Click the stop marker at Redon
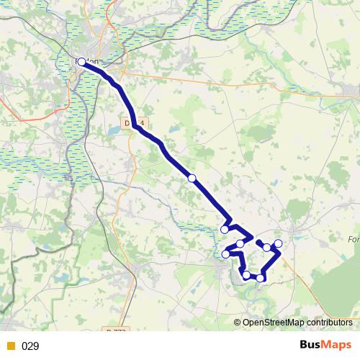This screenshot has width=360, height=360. tap(81, 62)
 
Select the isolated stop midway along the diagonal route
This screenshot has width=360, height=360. tap(192, 179)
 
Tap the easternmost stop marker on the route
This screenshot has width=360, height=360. tap(279, 243)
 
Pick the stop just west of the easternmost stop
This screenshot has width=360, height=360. tap(267, 248)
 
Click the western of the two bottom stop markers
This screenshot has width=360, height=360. tap(246, 275)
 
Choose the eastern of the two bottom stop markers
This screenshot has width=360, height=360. tap(260, 278)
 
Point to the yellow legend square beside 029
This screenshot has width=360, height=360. tap(10, 346)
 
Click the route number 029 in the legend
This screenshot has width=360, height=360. tap(30, 346)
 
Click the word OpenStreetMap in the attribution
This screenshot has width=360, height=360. tap(274, 323)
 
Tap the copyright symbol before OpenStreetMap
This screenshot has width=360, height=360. tap(238, 323)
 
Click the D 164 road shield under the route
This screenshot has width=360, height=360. tap(140, 123)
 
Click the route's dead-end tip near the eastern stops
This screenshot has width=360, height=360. tap(257, 241)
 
